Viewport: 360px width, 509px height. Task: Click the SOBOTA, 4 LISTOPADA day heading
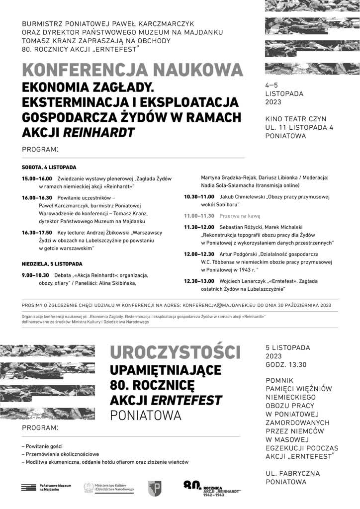[x=49, y=168]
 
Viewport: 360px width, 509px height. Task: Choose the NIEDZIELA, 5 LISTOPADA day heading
[x=52, y=263]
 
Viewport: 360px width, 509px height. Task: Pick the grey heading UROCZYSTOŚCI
[x=175, y=352]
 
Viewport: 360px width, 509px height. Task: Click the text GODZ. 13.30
[x=286, y=364]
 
